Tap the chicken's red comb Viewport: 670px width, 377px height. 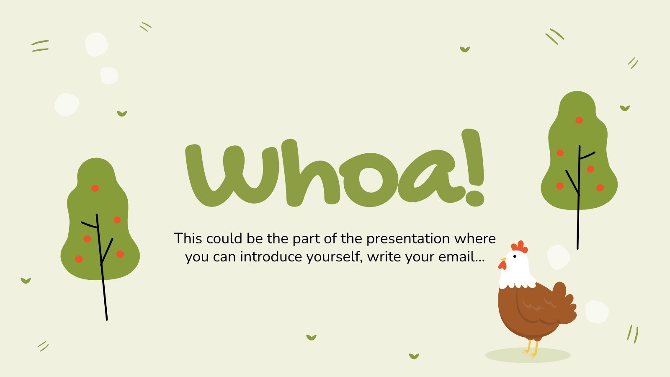(520, 246)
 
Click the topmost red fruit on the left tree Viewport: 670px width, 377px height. (95, 188)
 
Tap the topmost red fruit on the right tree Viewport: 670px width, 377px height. (579, 120)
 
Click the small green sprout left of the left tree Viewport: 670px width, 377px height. (26, 281)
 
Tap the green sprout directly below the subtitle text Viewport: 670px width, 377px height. (311, 337)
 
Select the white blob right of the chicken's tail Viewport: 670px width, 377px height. (596, 312)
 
